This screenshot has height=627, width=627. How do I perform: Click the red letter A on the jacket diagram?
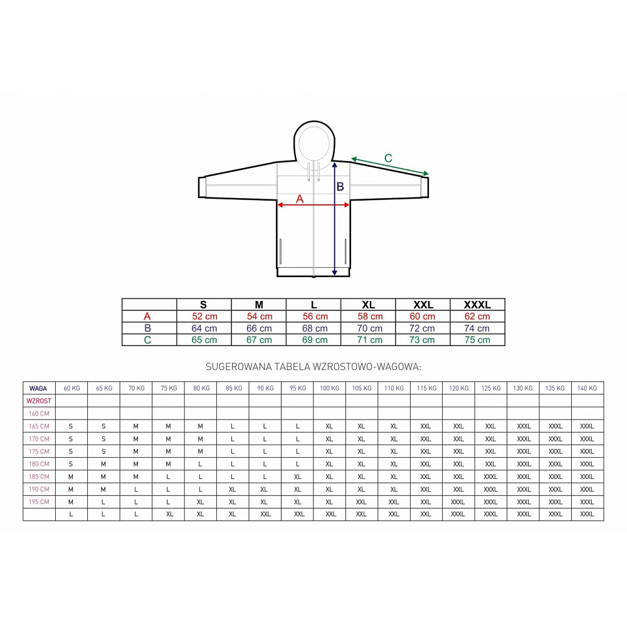coord(300,199)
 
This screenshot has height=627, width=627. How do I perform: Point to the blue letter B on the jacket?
coord(340,186)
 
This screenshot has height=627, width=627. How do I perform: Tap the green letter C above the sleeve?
coord(388,159)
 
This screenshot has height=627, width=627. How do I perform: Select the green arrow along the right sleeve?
coord(390,166)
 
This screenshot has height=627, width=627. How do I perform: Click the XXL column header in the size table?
coord(423,305)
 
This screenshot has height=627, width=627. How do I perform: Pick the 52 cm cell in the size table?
coord(204,316)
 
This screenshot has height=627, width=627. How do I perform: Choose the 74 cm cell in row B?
coord(477,329)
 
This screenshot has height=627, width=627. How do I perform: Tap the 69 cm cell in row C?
coord(315,340)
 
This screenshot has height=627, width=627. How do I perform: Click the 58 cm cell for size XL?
coord(370,316)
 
